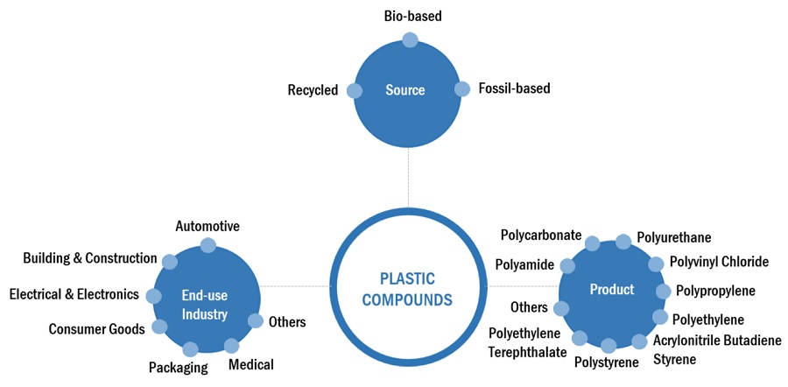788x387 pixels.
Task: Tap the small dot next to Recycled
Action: coord(355,90)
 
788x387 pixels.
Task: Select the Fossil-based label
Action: coord(514,88)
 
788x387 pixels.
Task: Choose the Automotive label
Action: coord(208,226)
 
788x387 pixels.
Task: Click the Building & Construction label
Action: coord(90,258)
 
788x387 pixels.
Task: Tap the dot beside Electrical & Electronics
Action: coord(154,296)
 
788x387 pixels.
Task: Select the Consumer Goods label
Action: coord(95,329)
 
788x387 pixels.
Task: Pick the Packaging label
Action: coord(178,368)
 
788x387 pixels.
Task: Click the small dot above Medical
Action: coord(231,346)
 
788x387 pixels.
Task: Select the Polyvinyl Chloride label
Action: coord(719,262)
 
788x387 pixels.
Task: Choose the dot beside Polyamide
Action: coord(567,265)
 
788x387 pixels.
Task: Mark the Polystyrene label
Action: coord(606,362)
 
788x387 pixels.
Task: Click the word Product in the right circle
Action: coord(612,290)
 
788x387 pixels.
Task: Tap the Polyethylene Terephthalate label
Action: coord(524,343)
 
